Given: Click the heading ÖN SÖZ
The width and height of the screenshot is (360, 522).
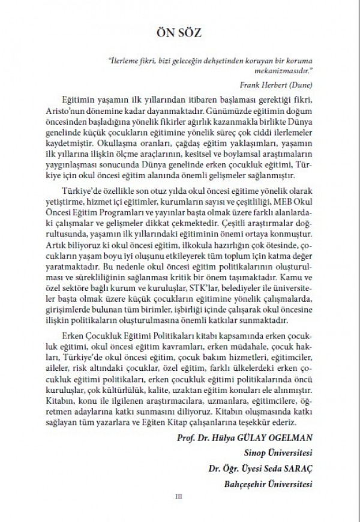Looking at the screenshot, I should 180,31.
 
